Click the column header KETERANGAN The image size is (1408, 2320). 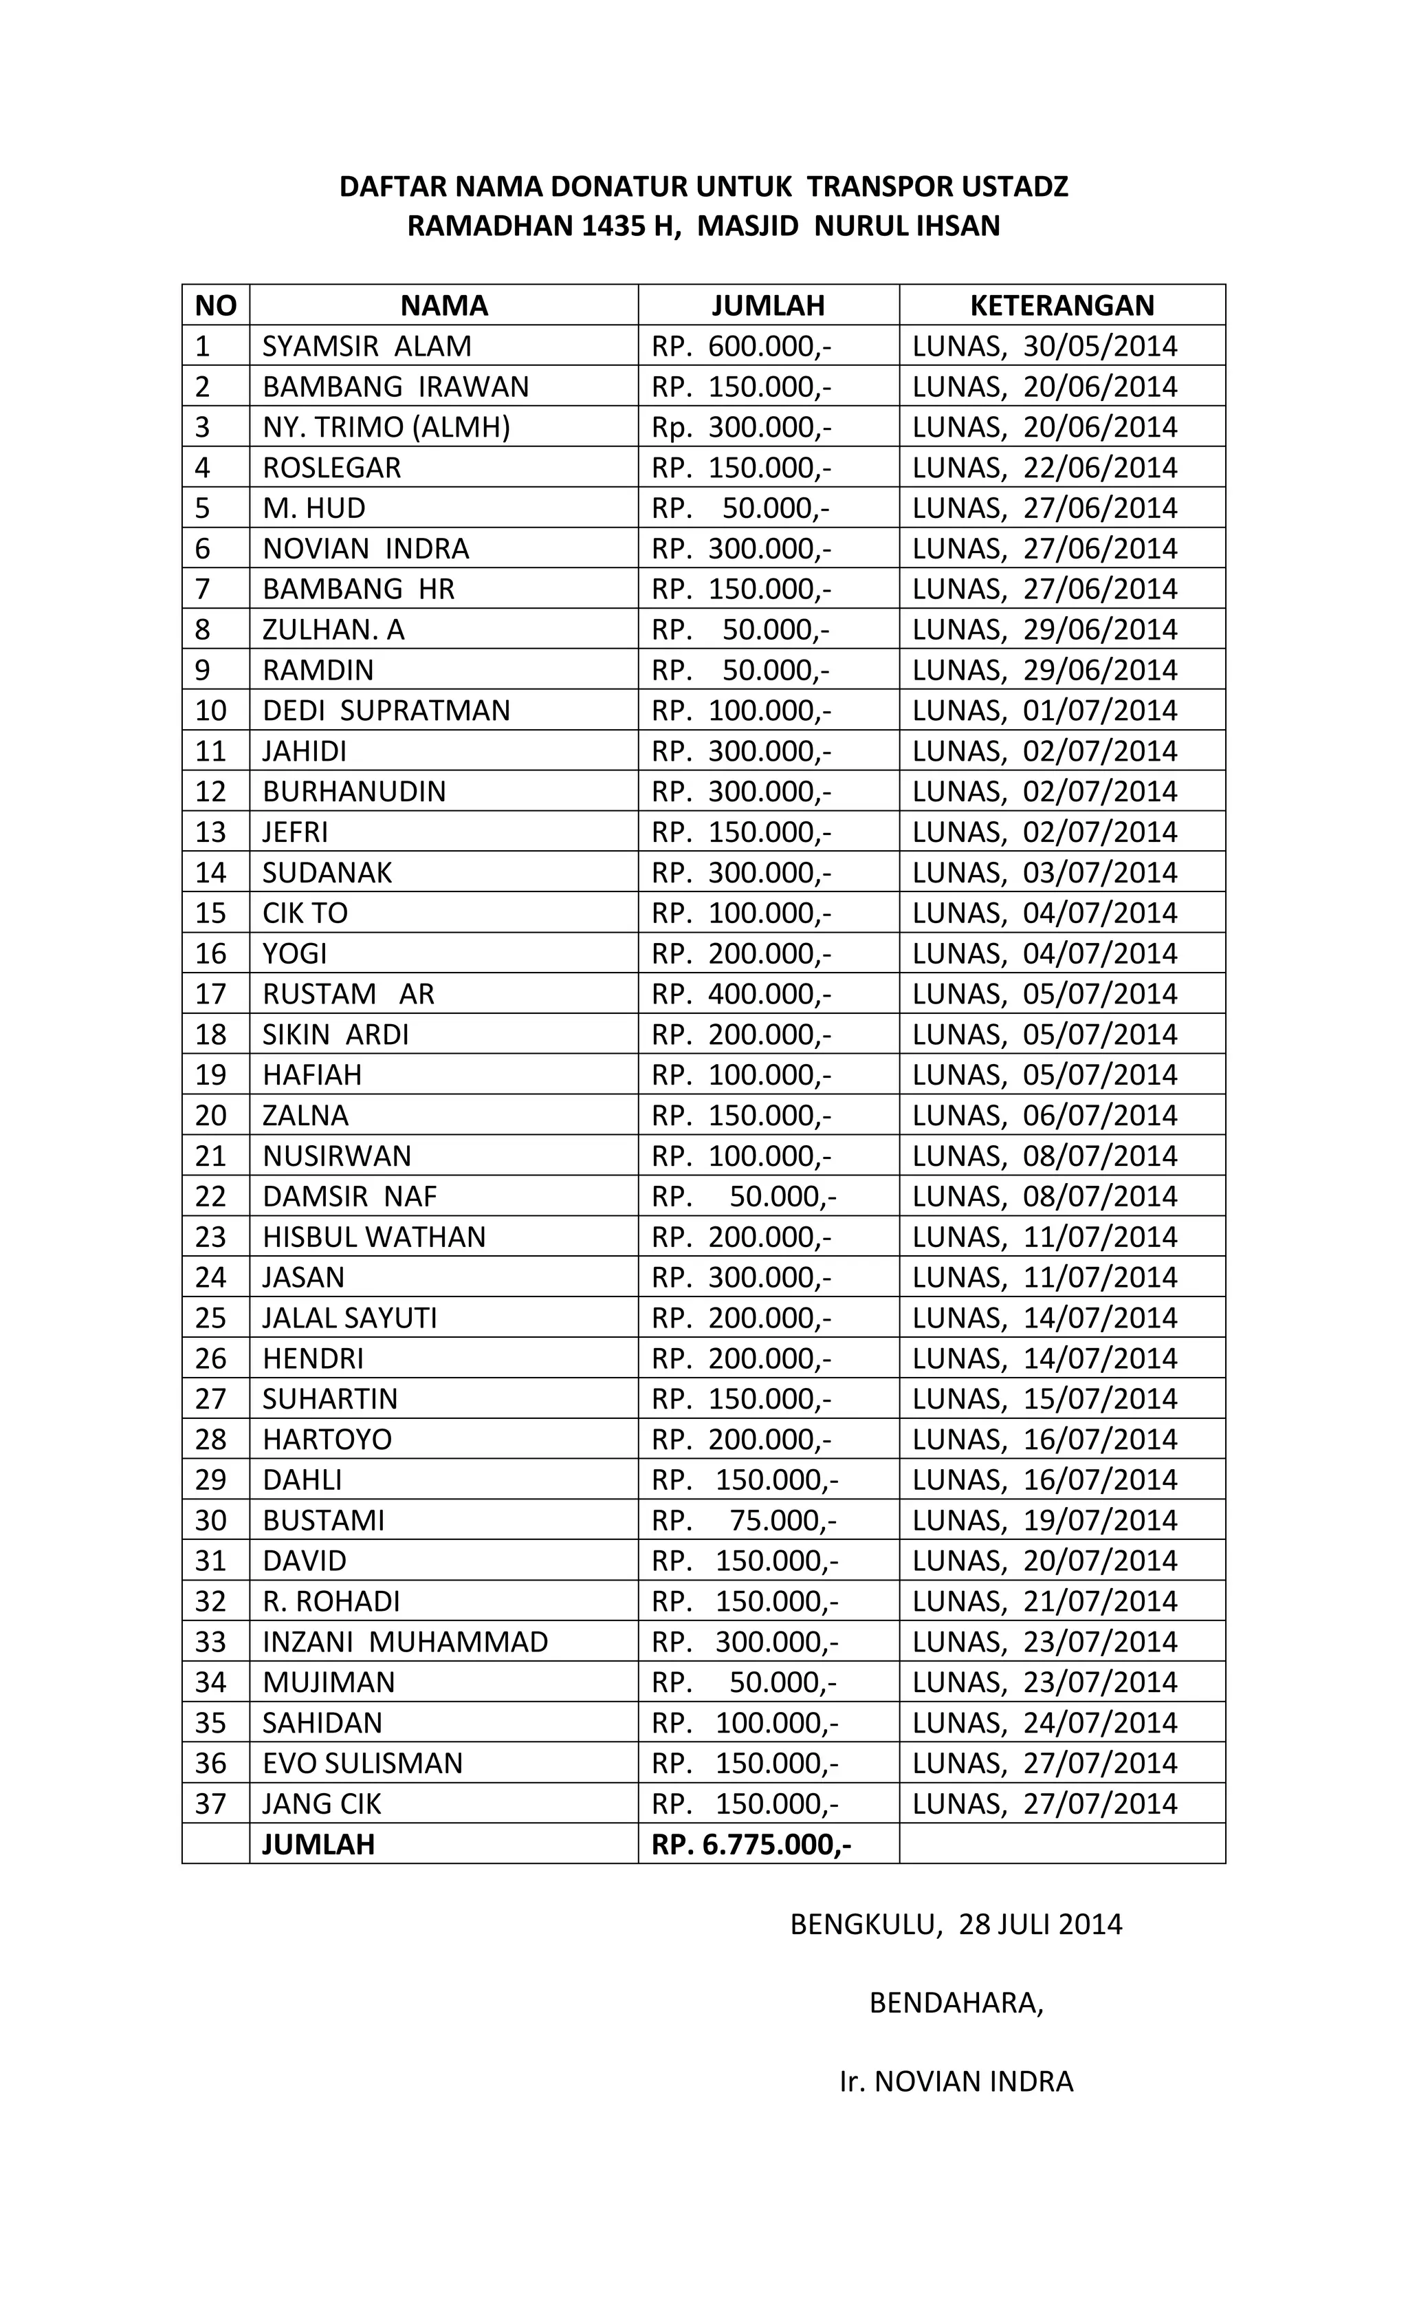tap(1061, 305)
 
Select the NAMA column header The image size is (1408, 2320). tap(443, 305)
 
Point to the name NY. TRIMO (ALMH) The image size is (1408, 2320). tap(386, 427)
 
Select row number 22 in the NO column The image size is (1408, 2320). tap(211, 1197)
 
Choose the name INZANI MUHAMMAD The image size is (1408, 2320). tap(405, 1642)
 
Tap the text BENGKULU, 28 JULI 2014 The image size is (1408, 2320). tap(956, 1924)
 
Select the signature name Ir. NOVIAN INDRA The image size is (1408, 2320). tap(956, 2081)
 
